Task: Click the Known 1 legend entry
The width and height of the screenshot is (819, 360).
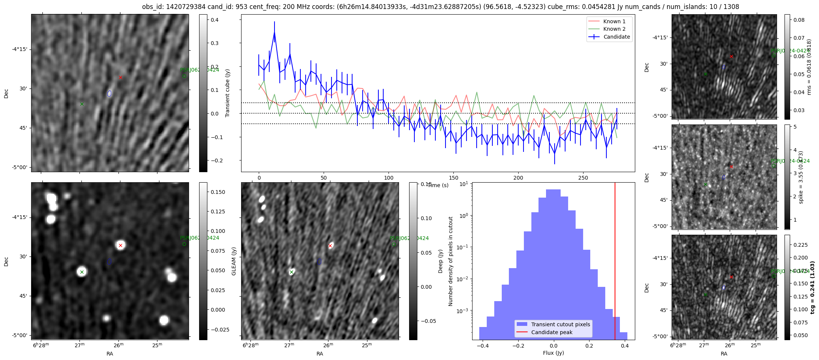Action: [x=614, y=21]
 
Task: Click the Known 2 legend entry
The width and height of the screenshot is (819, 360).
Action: [x=614, y=29]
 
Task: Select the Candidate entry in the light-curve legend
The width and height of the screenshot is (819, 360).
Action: [x=616, y=37]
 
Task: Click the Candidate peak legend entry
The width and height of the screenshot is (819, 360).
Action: [x=552, y=332]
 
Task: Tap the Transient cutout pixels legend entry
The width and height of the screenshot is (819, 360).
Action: [x=560, y=324]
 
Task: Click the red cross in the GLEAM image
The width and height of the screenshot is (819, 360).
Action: [x=120, y=246]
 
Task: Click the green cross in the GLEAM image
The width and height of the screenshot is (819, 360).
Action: [x=82, y=272]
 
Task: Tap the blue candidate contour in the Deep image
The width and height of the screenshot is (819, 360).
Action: [x=319, y=261]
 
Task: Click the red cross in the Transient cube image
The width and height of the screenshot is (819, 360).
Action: [x=120, y=78]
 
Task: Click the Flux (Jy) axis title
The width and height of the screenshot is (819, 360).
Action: [x=553, y=353]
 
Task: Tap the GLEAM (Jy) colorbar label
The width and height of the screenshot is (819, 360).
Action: [x=234, y=261]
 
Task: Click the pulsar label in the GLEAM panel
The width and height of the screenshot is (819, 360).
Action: [x=199, y=238]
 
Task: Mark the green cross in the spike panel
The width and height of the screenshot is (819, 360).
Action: [x=705, y=184]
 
